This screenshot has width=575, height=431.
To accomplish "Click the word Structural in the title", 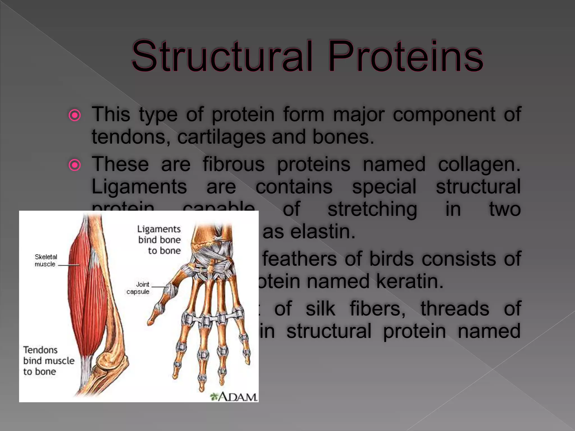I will tap(222, 56).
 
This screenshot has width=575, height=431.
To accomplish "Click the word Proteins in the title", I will tap(406, 56).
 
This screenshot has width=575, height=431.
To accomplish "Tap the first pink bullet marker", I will tap(75, 115).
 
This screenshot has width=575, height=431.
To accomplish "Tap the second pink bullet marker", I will tap(75, 165).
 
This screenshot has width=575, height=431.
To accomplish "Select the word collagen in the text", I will tap(479, 165).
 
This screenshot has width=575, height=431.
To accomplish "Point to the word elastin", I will tap(323, 232).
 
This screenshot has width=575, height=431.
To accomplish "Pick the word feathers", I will tap(300, 259).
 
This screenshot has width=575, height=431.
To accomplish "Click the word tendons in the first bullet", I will tap(131, 137).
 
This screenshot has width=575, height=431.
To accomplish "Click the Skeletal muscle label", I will tap(45, 260).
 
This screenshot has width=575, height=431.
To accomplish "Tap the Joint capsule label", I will tap(138, 288).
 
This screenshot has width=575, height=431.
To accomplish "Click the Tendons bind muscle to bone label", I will tap(48, 361).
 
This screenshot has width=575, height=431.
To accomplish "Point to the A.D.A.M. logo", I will tap(234, 396).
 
